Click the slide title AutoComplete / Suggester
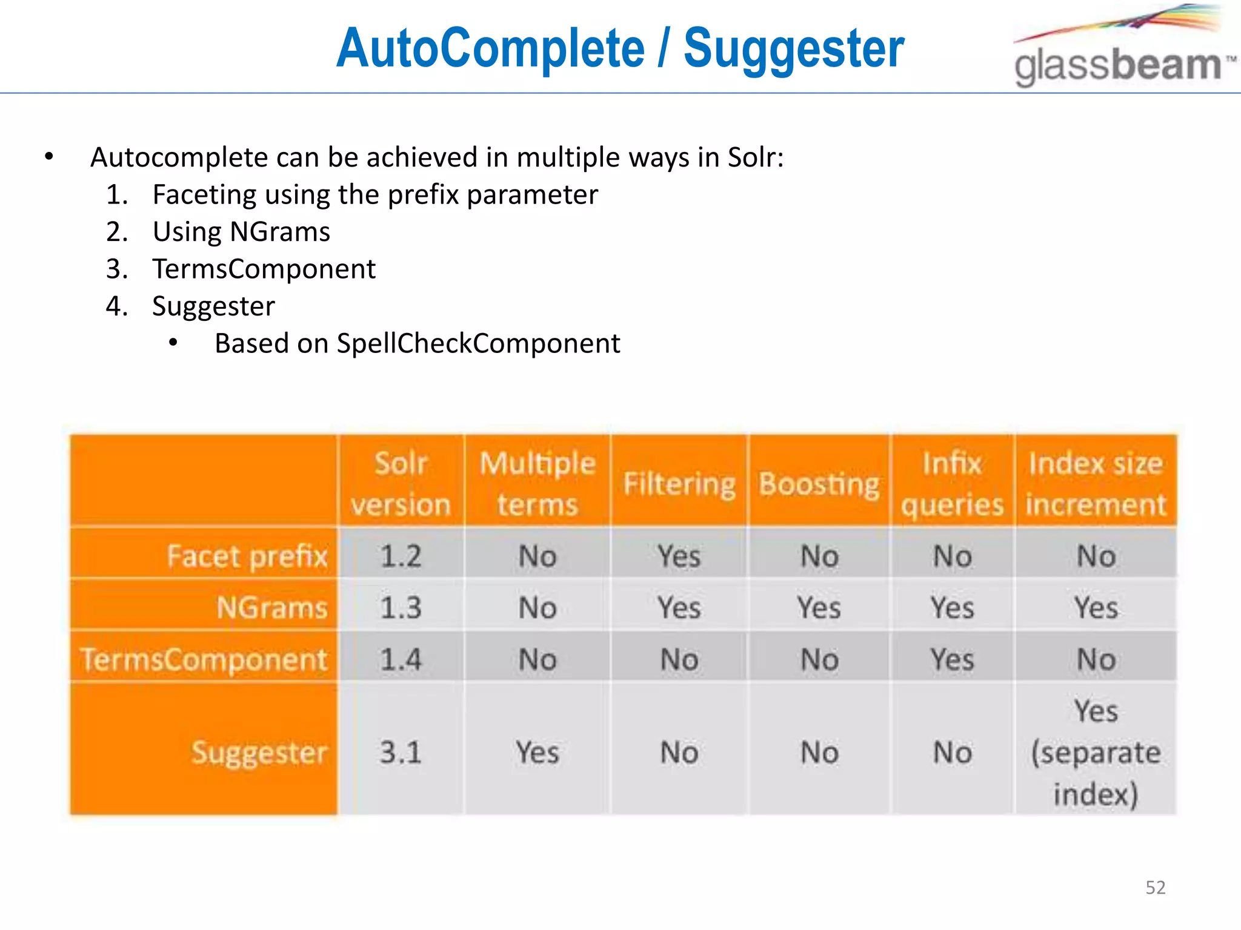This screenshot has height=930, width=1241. pos(620,48)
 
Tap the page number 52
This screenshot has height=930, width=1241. pos(1155,887)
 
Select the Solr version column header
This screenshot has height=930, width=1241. pos(401,483)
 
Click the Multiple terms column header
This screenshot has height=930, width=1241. pos(537,483)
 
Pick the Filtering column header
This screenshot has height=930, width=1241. pos(679,484)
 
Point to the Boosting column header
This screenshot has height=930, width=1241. pos(819,484)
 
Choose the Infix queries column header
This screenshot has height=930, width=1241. pos(952,483)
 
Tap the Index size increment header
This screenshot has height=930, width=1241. pos(1096,483)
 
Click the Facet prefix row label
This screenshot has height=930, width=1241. pos(247,556)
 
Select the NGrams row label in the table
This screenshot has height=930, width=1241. pos(272,607)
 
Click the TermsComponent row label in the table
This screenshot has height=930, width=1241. pos(204,659)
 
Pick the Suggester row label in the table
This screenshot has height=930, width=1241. pos(259,753)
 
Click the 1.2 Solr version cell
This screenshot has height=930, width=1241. pos(401,556)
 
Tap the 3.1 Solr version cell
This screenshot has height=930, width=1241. pos(401,753)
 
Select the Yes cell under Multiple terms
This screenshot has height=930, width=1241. pos(537,753)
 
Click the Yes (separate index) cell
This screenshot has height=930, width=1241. pos(1096,753)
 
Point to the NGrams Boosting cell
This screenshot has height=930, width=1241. pos(819,607)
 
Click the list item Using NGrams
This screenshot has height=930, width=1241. pos(241,232)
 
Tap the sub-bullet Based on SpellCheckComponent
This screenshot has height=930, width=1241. pos(417,343)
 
